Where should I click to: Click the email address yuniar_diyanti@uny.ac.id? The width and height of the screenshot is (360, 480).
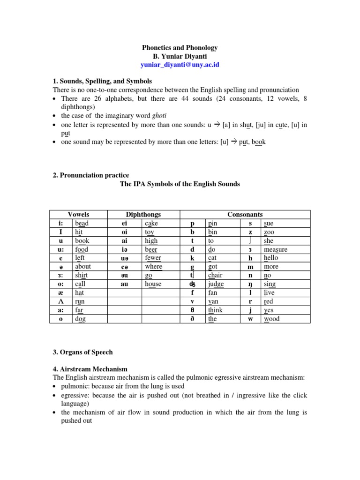coord(180,65)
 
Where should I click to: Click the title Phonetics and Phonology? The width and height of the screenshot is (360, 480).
coord(180,48)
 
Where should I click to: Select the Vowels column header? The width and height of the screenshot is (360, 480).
coord(78,214)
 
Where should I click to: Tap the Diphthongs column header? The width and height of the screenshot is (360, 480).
coord(143,214)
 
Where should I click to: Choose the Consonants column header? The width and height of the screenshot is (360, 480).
coord(245,214)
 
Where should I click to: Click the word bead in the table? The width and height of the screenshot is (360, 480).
coord(82,223)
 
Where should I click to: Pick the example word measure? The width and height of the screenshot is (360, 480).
coord(276,249)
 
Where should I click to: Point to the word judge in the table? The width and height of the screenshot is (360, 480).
coord(216,284)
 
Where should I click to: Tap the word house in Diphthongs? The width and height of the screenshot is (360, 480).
coord(153,284)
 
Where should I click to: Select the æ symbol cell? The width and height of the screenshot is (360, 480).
coord(60,292)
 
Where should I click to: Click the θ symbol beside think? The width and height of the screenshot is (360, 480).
coord(192,310)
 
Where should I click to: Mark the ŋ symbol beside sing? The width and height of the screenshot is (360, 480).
coord(250,284)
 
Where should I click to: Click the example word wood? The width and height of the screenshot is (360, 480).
coord(271,319)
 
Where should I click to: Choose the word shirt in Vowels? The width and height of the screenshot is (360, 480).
coord(82,275)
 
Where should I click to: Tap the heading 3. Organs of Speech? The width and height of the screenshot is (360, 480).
coord(82,352)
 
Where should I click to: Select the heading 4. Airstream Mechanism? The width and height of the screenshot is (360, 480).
coord(90,369)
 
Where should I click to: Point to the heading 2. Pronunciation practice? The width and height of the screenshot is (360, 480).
coord(90,175)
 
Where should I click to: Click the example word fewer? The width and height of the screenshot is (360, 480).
coord(153,258)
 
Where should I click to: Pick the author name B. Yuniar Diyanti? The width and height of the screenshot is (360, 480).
coord(180,56)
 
